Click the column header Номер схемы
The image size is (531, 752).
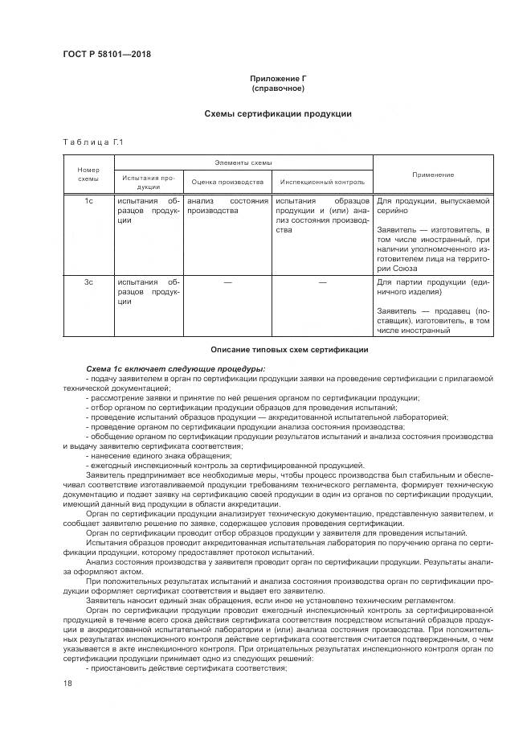tap(88, 175)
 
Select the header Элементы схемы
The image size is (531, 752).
tap(243, 162)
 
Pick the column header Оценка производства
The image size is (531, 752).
tap(227, 182)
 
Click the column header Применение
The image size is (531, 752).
tap(432, 175)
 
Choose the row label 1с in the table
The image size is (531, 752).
tap(88, 201)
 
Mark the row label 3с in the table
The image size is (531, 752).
tap(88, 282)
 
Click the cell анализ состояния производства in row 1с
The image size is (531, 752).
tap(227, 206)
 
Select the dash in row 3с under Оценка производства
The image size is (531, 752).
tap(227, 282)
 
